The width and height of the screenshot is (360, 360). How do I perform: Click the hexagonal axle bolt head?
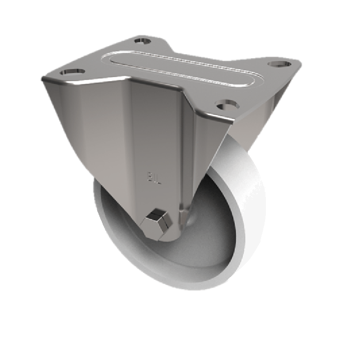tap(157, 222)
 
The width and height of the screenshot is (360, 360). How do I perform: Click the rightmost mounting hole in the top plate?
tap(277, 63)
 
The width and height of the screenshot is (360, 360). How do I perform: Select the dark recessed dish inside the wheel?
tap(211, 234)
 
